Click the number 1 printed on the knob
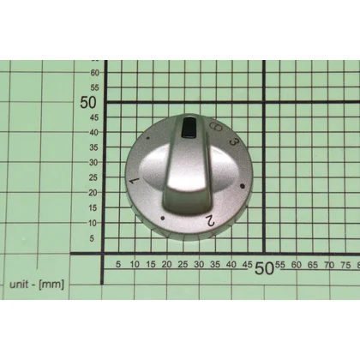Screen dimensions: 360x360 click(x=135, y=181)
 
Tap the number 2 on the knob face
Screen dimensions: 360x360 click(x=210, y=220)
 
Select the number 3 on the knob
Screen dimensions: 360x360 click(x=234, y=141)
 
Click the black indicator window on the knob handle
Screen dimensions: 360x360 click(x=189, y=128)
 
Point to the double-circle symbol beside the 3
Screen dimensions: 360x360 click(x=216, y=127)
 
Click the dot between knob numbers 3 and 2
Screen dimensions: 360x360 click(x=243, y=186)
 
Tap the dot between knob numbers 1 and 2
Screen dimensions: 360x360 click(x=163, y=219)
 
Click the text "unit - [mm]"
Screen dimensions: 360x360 click(x=37, y=285)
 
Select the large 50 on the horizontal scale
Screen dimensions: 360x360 click(x=263, y=268)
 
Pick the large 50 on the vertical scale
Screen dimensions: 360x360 click(x=88, y=103)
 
